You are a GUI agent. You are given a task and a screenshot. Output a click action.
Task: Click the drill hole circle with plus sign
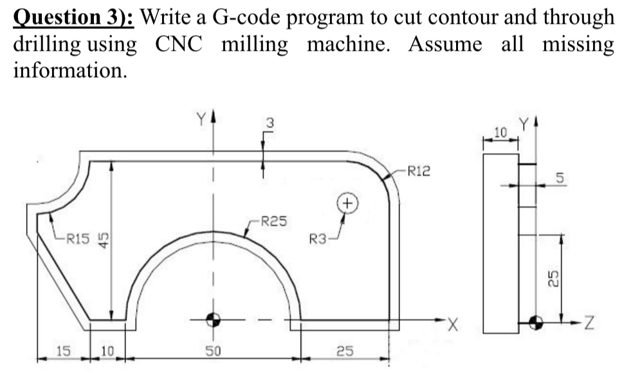pyautogui.click(x=347, y=203)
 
